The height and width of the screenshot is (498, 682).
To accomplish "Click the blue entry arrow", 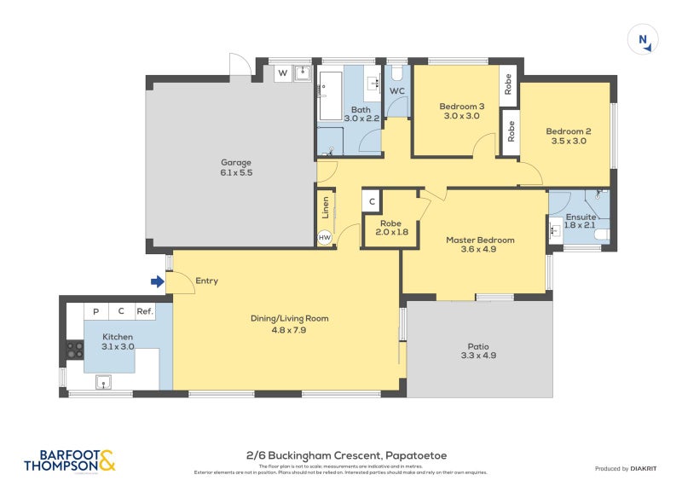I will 156,281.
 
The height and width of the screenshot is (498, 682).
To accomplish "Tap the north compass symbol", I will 643,40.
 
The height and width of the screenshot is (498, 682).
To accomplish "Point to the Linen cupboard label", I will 325,209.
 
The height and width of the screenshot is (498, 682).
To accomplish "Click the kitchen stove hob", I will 74,350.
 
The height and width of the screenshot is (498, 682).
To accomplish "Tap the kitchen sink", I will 105,381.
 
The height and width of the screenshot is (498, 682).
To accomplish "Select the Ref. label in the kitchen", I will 145,312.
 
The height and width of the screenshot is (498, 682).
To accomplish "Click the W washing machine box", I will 282,73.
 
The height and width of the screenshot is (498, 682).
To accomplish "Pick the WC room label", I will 397,91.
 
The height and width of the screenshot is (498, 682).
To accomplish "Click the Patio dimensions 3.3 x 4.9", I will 477,356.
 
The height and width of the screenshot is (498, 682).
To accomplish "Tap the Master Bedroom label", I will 480,240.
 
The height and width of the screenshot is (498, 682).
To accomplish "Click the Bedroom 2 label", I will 568,131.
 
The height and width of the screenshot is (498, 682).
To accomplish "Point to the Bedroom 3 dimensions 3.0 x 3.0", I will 461,116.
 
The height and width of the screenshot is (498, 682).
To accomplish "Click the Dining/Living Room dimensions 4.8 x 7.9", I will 289,329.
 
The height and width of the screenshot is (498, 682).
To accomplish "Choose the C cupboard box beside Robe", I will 372,202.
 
